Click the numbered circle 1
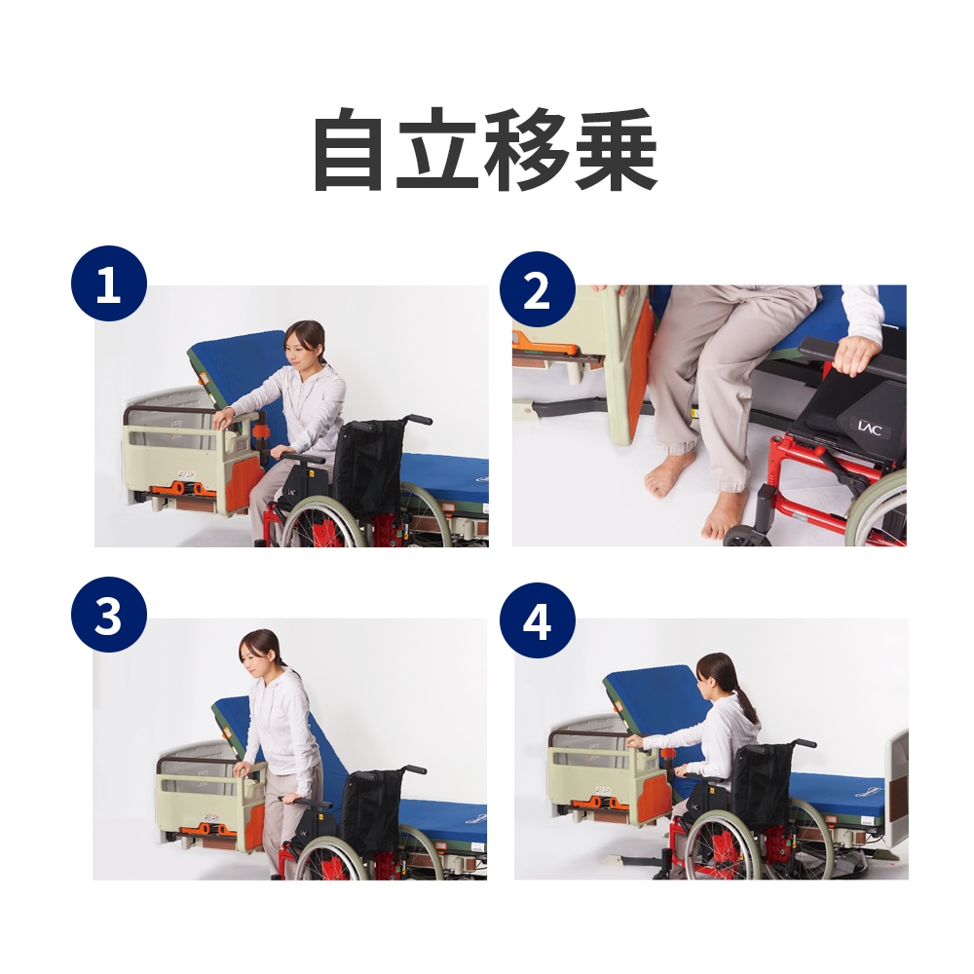(109, 286)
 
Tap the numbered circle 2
(537, 289)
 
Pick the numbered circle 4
(537, 620)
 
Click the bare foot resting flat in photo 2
(670, 474)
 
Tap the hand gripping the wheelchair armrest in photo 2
(855, 356)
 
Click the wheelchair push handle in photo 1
(417, 419)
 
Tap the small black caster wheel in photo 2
(747, 536)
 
